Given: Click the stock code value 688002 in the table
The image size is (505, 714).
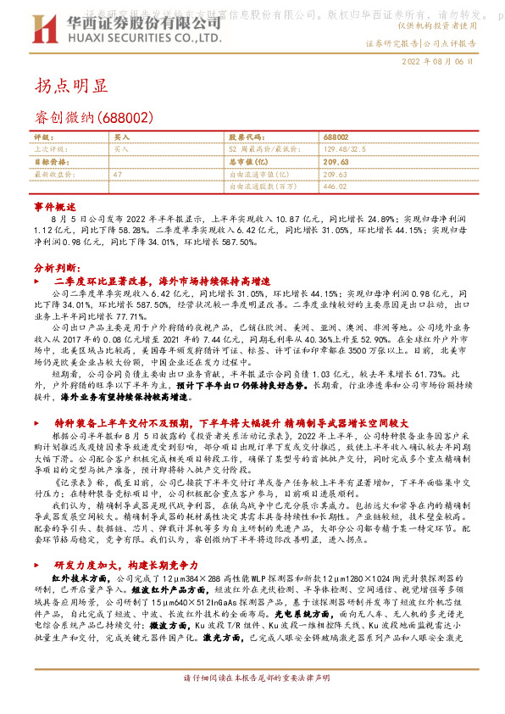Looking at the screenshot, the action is pos(336,137).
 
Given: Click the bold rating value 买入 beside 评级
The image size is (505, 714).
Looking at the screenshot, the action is pos(121,137).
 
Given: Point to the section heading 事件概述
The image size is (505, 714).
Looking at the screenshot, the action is pos(55,206).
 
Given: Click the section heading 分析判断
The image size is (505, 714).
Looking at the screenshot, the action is pos(55,266).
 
